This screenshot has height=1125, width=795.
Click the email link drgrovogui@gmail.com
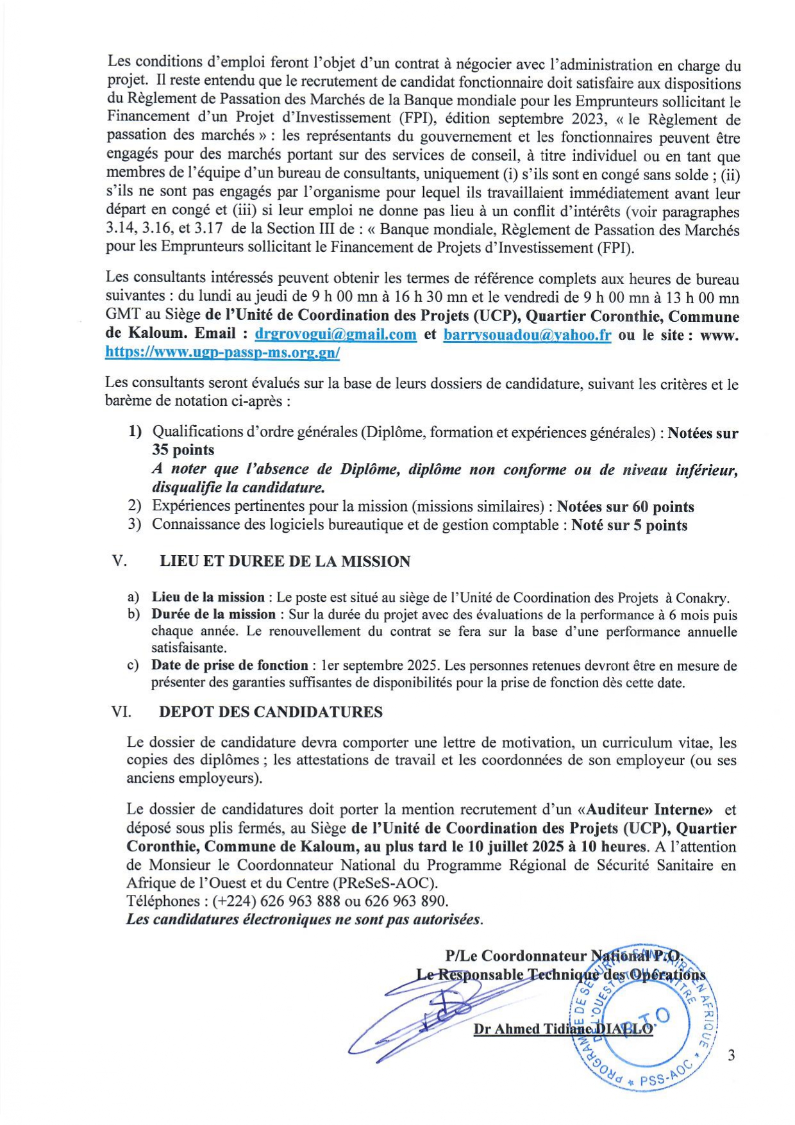(x=335, y=334)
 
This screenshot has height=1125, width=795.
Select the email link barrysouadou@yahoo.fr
(x=527, y=334)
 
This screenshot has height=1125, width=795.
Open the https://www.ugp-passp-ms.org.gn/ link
(x=222, y=352)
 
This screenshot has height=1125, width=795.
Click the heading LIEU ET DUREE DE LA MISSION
(x=285, y=562)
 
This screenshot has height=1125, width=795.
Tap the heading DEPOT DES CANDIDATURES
(x=271, y=712)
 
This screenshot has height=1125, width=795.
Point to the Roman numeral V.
(x=119, y=562)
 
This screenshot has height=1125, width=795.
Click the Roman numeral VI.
(x=122, y=712)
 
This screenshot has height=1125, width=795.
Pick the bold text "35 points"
(x=183, y=450)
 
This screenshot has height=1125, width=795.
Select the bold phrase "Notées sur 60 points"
(x=625, y=507)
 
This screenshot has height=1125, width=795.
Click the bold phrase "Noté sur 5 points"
(x=629, y=526)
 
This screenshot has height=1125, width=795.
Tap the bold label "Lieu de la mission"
(x=208, y=597)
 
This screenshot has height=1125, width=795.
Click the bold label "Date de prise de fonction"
(x=229, y=665)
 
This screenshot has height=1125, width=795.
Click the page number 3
(x=731, y=1056)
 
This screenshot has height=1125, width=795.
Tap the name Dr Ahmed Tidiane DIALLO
(x=563, y=1029)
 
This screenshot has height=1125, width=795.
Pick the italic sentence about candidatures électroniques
(x=305, y=919)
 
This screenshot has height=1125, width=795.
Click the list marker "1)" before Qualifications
(x=135, y=432)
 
